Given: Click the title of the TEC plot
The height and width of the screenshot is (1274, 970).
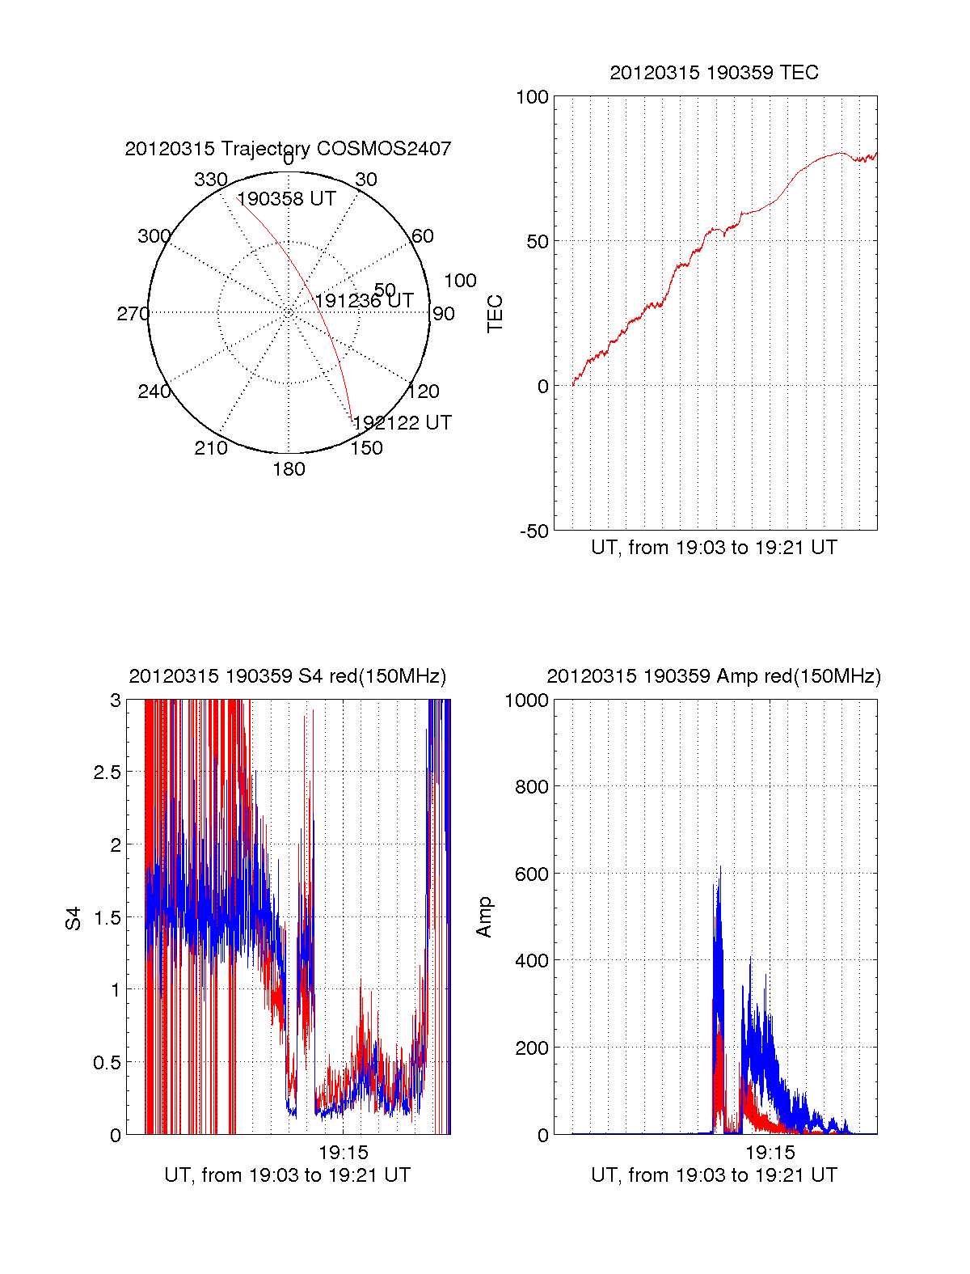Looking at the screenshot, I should (714, 73).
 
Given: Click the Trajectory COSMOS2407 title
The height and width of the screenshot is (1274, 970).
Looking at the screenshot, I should (288, 149).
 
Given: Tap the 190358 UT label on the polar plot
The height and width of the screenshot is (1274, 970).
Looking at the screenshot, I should (286, 199).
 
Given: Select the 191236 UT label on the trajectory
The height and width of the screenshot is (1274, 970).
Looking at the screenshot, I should (364, 301).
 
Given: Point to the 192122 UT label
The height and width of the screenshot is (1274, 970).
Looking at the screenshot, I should (402, 423).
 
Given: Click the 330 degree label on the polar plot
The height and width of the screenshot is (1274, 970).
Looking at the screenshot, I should (211, 180).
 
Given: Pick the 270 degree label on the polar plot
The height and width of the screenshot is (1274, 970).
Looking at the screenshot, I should (133, 314).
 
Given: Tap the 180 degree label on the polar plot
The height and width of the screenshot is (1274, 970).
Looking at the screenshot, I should (289, 469).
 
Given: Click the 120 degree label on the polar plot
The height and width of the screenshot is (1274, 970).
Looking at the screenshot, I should (424, 392).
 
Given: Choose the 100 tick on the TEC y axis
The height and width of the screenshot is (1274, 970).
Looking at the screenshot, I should (532, 97).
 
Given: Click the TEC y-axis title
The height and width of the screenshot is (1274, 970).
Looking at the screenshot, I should (495, 314).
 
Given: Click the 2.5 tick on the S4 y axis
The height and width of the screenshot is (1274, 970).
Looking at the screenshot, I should (107, 772).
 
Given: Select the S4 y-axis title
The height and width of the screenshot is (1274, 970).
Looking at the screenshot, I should (74, 918).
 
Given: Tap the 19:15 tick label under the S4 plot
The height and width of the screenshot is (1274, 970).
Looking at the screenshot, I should (343, 1153).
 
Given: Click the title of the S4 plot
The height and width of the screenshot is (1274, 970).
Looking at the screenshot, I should (287, 676).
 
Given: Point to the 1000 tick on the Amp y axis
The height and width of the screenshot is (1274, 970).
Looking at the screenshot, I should (526, 700).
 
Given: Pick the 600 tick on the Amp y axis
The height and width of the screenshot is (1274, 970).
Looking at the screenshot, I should (531, 874).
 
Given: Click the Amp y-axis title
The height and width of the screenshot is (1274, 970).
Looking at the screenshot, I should (484, 917).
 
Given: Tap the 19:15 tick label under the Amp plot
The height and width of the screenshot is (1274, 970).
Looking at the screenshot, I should (770, 1153).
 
